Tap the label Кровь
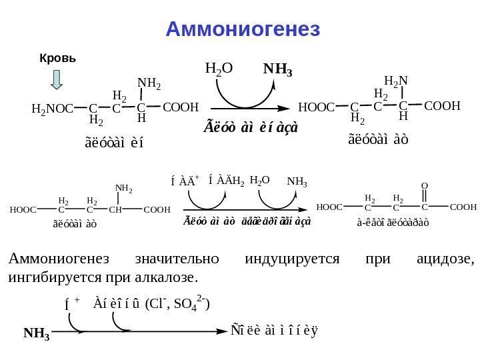(58, 58)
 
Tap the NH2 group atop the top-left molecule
(149, 83)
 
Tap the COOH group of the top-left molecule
(181, 107)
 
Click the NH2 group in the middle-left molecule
(123, 189)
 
